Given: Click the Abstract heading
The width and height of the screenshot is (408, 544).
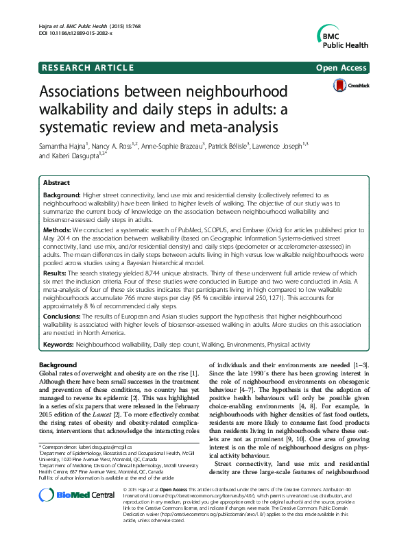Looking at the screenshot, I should [56, 184].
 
